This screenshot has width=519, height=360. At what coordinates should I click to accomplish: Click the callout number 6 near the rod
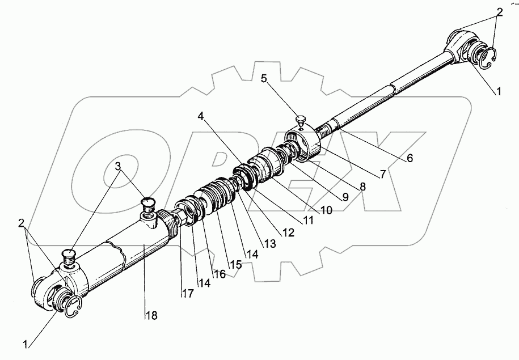[x=408, y=159]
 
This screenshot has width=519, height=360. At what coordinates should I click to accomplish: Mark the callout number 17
[x=187, y=293]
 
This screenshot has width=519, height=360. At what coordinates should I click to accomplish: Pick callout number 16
[x=220, y=274]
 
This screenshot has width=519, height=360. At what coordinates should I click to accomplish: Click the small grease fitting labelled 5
[x=301, y=121]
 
